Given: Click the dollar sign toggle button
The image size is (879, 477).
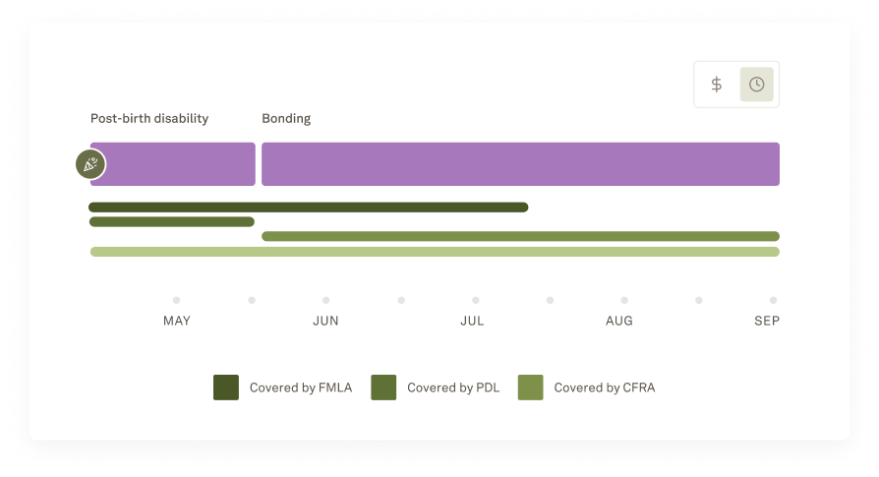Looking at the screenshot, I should [x=717, y=85].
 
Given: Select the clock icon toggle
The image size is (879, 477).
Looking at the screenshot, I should [x=756, y=85].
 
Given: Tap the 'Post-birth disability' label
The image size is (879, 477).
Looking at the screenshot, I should [x=149, y=119].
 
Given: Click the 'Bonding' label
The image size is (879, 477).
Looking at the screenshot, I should [x=286, y=119].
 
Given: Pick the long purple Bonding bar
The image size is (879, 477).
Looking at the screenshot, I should [x=520, y=164].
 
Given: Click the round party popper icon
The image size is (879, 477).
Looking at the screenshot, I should [x=90, y=164].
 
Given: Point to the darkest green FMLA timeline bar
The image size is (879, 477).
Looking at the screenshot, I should [x=308, y=208].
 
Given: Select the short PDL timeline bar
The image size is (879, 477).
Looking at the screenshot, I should [x=172, y=222].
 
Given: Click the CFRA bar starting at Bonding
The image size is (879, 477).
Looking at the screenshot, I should [x=520, y=236].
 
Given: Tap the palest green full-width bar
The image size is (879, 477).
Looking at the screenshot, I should [x=435, y=252].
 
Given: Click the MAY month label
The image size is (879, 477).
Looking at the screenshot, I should [x=177, y=321].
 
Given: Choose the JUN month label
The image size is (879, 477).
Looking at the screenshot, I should [x=325, y=321].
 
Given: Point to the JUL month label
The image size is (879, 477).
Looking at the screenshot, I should [x=472, y=321].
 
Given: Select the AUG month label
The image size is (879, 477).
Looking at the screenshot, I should [x=619, y=321].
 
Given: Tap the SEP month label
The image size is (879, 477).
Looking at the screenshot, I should [x=767, y=321].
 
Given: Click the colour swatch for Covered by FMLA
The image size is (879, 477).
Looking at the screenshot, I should [x=226, y=388].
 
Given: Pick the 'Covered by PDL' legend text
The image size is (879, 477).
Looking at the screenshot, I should [x=453, y=388].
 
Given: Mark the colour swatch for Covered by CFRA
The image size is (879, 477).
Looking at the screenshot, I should [x=531, y=388].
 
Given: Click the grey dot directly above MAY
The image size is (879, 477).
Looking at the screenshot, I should [x=177, y=300].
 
